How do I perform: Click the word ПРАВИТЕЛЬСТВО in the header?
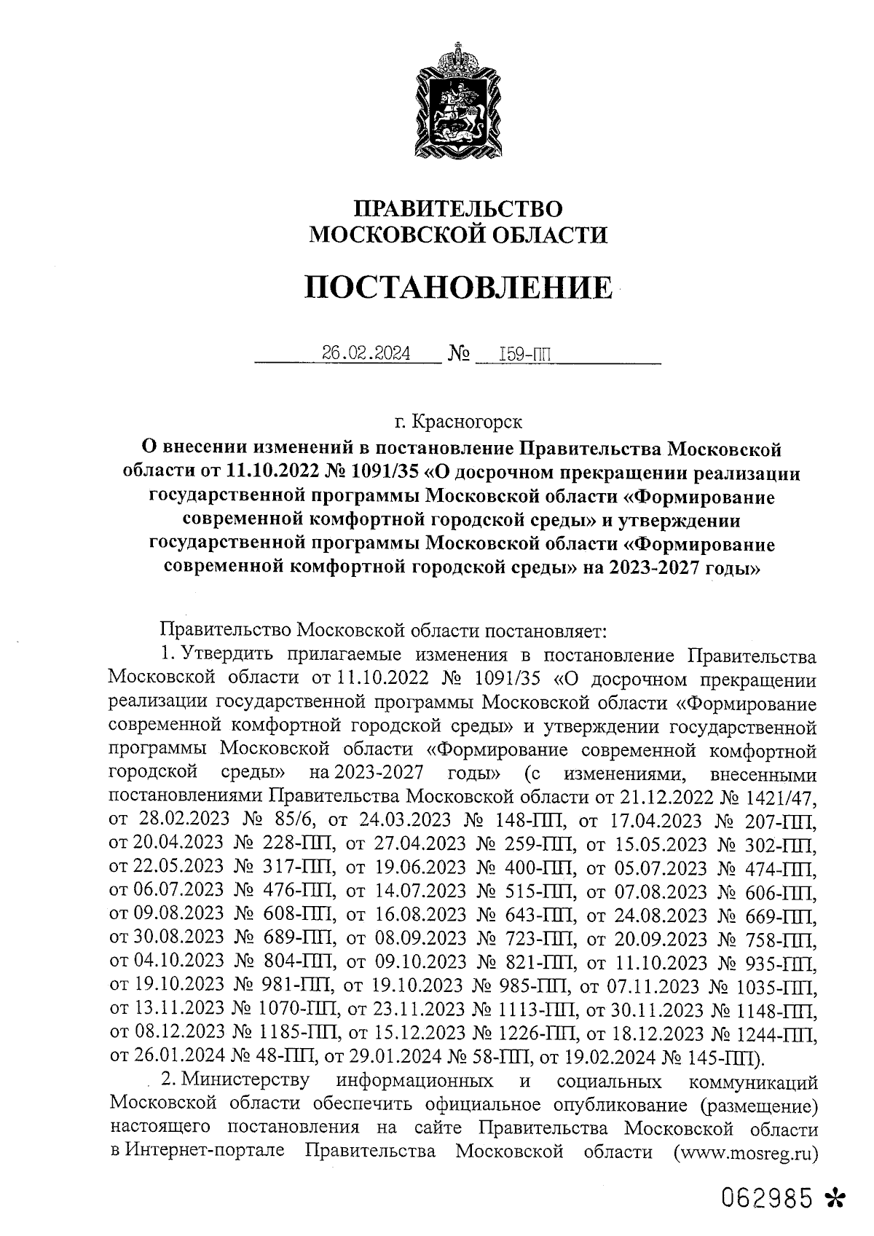point(458,209)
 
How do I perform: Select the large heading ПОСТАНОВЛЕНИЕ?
point(458,287)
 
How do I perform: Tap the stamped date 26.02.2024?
point(366,355)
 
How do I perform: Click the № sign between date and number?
point(459,355)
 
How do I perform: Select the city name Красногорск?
point(467,421)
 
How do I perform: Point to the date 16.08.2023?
point(420,916)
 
